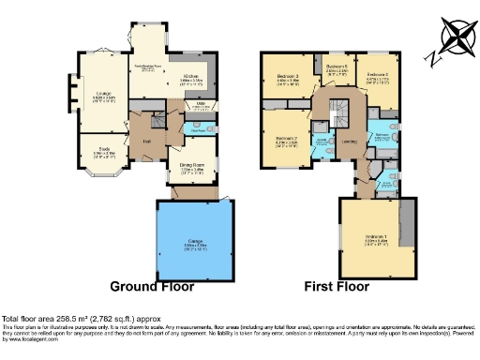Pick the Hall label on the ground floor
[x=147, y=142]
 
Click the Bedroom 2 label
[x=287, y=139]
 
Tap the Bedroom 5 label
[x=337, y=67]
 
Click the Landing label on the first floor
[x=349, y=142]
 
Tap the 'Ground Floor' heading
[x=153, y=286]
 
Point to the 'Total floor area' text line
[x=94, y=319]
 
